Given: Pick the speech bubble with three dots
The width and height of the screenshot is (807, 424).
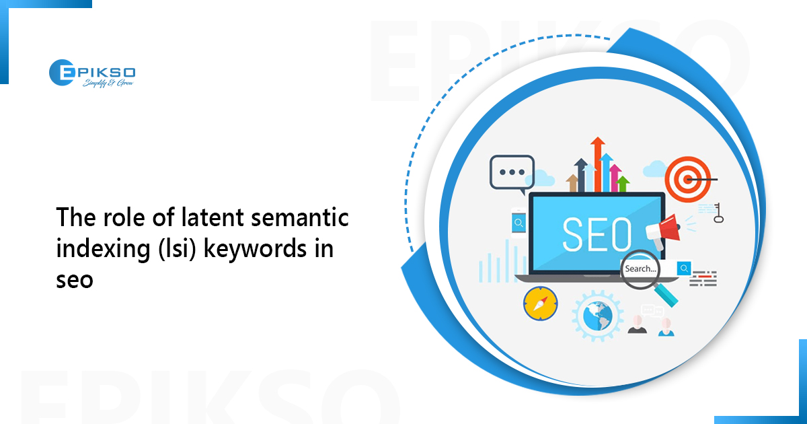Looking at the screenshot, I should [x=511, y=172].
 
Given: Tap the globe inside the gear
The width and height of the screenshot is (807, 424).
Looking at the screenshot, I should [x=597, y=316].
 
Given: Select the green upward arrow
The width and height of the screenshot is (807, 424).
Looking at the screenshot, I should [x=623, y=182].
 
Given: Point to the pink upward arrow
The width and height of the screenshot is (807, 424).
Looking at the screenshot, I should [x=614, y=177].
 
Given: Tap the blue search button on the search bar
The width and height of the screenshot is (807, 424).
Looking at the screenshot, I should [x=685, y=269].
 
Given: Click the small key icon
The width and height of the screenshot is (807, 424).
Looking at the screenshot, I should [x=719, y=213].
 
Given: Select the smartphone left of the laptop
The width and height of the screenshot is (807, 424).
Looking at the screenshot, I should [x=518, y=223].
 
